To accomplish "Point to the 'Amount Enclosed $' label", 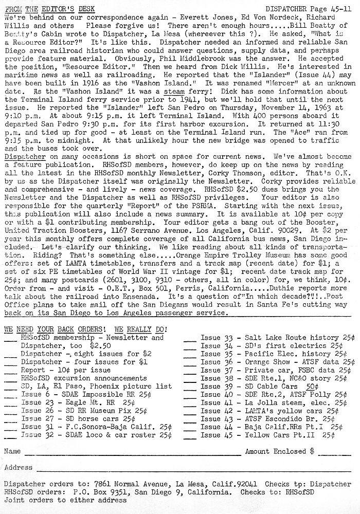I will pos(279,452).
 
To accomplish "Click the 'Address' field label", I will pos(18,468).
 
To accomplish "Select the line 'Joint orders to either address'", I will pos(65,500).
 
